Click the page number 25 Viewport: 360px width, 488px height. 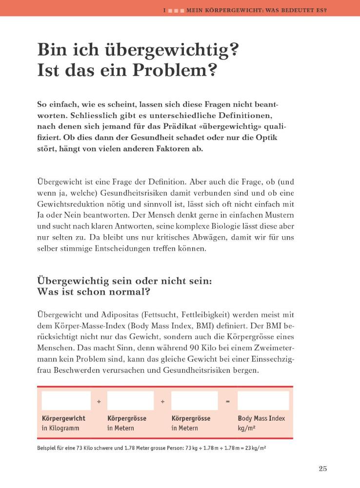[322, 469]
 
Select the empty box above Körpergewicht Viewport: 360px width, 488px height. [66, 401]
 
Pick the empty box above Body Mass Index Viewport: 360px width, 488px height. [263, 401]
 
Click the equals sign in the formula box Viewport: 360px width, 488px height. [227, 402]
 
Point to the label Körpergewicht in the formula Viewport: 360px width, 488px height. [63, 418]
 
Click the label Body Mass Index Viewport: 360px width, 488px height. [261, 418]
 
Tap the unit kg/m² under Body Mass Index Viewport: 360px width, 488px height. [247, 428]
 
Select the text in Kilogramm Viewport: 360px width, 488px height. [60, 428]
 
